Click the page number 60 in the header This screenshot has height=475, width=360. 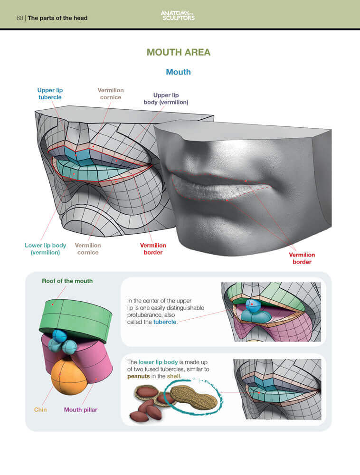point(19,18)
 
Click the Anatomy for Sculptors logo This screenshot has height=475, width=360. point(178,16)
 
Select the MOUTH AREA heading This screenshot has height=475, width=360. point(178,52)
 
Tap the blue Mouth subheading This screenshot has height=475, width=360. point(178,72)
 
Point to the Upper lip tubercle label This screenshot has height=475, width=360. point(50,94)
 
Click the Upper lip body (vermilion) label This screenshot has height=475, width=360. point(166,99)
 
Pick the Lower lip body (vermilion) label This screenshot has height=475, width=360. point(46,249)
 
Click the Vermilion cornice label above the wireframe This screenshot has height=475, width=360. point(111,94)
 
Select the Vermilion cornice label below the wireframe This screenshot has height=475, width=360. point(88,249)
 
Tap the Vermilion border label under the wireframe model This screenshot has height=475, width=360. point(153,249)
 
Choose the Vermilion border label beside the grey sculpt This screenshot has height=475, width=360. point(302,258)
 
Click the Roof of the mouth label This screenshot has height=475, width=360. point(67,281)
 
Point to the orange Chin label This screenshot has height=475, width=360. point(40,409)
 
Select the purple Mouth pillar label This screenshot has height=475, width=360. point(81,409)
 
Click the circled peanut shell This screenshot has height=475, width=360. point(194,397)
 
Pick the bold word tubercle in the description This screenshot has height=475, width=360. point(165,322)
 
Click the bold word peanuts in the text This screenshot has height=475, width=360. point(138,377)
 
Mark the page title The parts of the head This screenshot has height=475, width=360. point(57,18)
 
